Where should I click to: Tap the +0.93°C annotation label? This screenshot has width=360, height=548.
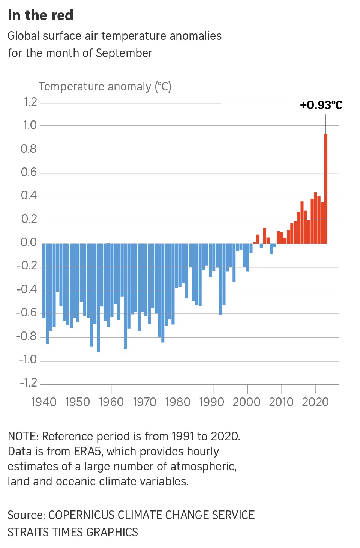[321, 105]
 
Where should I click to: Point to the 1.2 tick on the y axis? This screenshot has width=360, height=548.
[30, 102]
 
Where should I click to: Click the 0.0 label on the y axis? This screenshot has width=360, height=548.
[29, 242]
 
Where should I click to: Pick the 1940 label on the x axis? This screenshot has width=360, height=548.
[44, 402]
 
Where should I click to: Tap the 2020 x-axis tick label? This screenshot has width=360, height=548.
[315, 402]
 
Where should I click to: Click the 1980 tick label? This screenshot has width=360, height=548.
[178, 402]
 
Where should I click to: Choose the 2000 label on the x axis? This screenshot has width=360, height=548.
[246, 402]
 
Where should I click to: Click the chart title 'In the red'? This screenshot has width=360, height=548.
[40, 15]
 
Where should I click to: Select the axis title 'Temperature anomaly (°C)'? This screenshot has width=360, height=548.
[105, 87]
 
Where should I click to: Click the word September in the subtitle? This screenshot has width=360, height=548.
[124, 53]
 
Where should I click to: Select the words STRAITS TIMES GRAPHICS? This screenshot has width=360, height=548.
[73, 532]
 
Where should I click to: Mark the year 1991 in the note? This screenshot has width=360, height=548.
[183, 436]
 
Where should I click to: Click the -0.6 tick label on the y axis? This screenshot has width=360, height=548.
[27, 313]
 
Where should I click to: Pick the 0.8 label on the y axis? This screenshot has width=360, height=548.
[29, 149]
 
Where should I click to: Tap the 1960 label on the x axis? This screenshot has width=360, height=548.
[111, 402]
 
